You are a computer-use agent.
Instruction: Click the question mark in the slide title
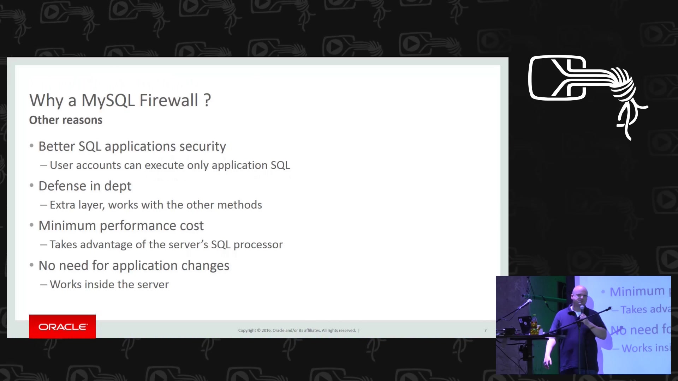pos(207,100)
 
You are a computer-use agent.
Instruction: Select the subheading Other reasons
pos(66,120)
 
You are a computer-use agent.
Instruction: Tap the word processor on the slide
pos(258,245)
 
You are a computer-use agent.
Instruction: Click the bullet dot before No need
pos(32,265)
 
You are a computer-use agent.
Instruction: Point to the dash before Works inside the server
pos(43,285)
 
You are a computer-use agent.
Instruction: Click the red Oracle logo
pos(63,327)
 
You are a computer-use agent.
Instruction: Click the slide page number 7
pos(486,331)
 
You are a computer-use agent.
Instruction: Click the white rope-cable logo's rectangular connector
pos(557,78)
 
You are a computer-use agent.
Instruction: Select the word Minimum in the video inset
pos(637,291)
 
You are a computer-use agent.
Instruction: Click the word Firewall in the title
pos(169,100)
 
